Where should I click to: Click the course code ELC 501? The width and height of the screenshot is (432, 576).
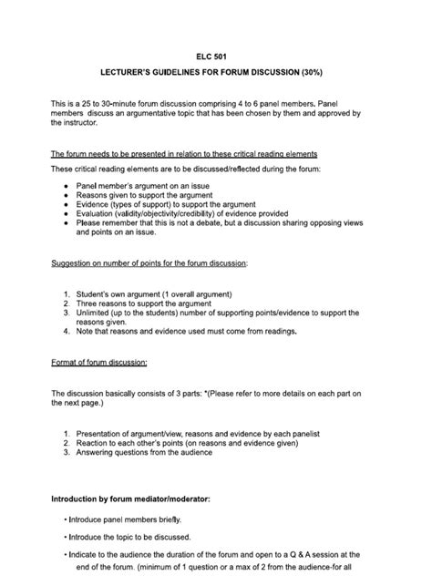tap(216, 56)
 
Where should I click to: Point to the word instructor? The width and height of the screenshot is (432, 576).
tap(88, 122)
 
